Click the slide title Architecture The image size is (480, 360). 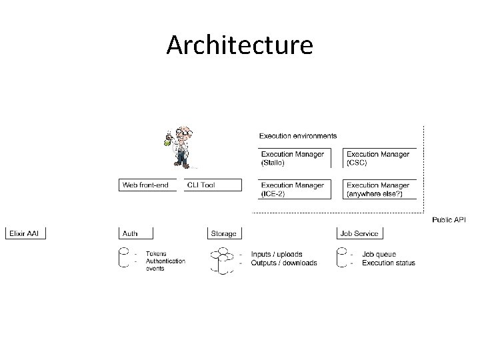pos(239,45)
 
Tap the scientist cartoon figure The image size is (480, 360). pos(179,147)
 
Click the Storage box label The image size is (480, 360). pos(224,233)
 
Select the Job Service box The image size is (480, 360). pos(359,233)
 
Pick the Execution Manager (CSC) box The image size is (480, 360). pos(379,158)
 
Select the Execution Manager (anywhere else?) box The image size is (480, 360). pos(379,189)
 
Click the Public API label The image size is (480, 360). pos(449,219)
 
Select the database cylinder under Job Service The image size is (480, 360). pos(343,258)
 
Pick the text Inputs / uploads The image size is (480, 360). pos(277,254)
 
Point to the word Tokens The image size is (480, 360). pos(156,254)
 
